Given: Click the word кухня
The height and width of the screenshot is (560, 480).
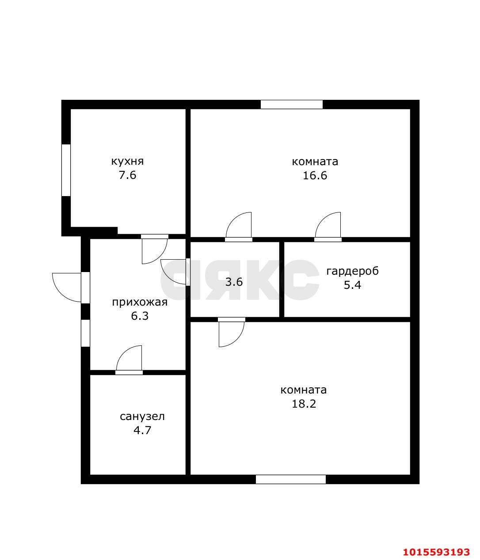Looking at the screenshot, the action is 127,162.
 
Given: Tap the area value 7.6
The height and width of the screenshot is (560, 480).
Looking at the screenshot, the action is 127,175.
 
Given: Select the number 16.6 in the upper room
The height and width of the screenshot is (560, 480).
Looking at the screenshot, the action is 315,176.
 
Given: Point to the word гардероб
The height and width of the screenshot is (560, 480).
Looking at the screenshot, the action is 352,271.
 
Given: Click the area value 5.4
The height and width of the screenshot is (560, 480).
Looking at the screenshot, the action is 352,285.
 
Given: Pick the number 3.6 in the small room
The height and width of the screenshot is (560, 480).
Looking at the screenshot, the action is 234,282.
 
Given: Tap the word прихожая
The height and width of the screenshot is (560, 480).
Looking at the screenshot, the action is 140,302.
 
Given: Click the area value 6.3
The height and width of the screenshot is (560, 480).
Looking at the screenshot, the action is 140,316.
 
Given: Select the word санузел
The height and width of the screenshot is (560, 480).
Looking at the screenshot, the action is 142,416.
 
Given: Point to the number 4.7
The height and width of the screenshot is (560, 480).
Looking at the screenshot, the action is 142,430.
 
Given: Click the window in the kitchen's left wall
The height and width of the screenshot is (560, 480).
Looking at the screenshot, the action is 66,170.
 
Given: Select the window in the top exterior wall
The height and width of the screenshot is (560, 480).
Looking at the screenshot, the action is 292,104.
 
